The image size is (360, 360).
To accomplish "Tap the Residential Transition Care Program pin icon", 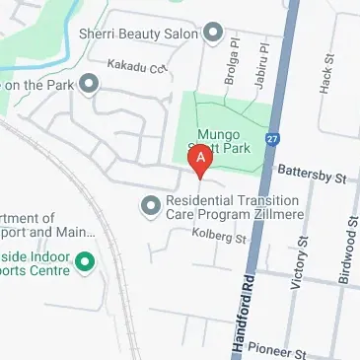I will (x=150, y=205).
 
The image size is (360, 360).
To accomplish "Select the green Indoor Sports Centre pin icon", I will (x=85, y=261).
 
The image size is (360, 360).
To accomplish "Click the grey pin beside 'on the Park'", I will (x=92, y=84).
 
